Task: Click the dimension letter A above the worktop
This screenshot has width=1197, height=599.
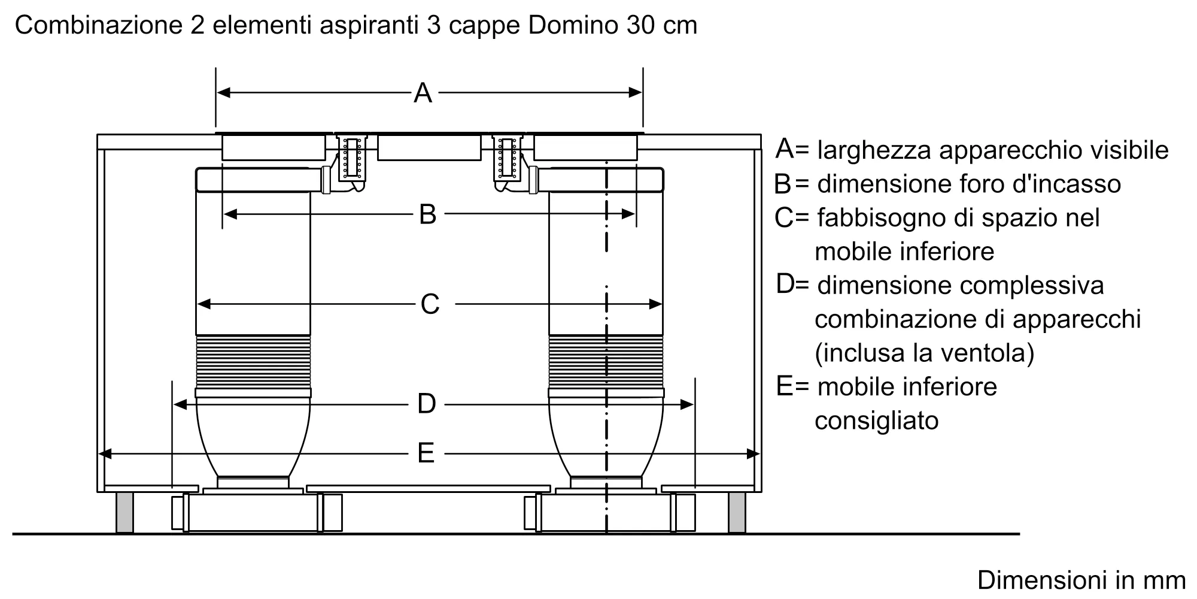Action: [423, 93]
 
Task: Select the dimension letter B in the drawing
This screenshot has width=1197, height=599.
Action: [427, 214]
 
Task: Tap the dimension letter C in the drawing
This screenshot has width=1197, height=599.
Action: [430, 304]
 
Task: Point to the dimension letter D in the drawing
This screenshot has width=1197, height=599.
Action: [426, 404]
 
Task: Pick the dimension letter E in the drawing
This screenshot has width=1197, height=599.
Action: [426, 453]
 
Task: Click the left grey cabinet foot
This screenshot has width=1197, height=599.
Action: [124, 512]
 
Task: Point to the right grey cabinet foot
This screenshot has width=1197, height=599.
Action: [737, 512]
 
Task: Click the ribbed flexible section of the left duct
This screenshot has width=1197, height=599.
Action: [253, 361]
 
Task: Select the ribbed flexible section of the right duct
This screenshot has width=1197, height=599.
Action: [606, 361]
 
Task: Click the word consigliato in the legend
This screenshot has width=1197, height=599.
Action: [876, 420]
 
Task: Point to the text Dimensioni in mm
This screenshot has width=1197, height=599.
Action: [1081, 580]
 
